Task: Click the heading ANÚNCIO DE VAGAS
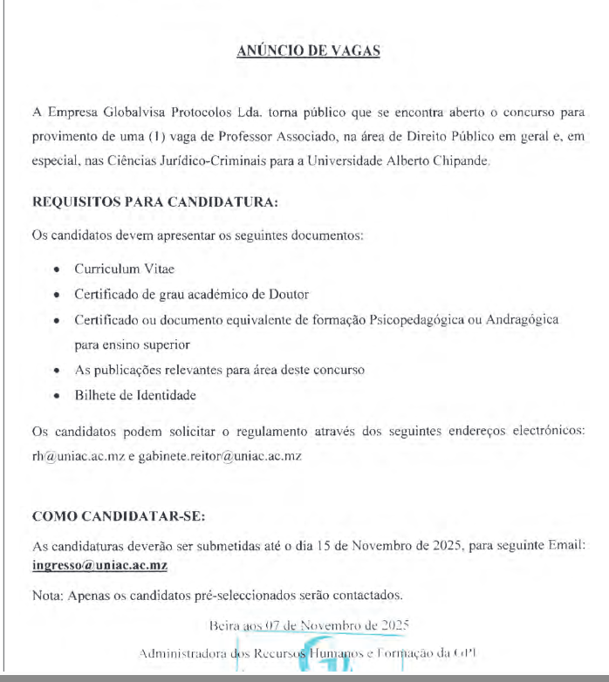tap(308, 51)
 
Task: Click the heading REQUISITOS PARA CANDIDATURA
tap(154, 202)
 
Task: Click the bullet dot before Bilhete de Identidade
tap(57, 395)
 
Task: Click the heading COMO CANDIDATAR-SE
tap(118, 516)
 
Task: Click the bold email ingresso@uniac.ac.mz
tap(99, 565)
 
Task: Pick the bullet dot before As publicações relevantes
tap(57, 370)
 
